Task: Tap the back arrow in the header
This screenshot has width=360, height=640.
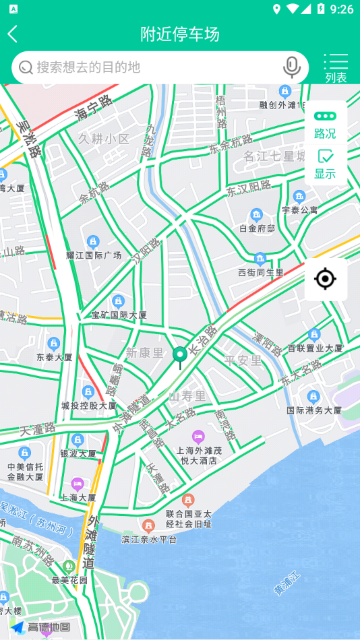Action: click(13, 34)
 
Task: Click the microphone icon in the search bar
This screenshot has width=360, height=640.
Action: click(291, 67)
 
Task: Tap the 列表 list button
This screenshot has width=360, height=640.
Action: click(336, 68)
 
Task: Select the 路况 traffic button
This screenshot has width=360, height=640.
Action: click(325, 125)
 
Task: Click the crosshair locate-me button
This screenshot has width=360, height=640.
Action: click(325, 278)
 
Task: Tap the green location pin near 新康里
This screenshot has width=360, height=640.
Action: click(179, 355)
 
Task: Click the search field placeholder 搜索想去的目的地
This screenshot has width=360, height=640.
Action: click(88, 67)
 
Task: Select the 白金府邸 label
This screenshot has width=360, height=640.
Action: click(257, 228)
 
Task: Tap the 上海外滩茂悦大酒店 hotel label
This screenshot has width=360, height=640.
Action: click(198, 455)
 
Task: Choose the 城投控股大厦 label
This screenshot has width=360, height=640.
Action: click(88, 406)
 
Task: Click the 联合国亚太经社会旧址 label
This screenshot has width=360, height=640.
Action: click(188, 518)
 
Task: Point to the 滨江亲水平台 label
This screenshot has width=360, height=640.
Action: click(149, 539)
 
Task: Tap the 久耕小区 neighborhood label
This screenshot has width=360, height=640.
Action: click(103, 139)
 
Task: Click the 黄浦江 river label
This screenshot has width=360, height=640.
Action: click(287, 583)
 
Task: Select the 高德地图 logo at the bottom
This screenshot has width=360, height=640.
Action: click(40, 627)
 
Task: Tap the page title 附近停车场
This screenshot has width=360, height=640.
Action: click(179, 34)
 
